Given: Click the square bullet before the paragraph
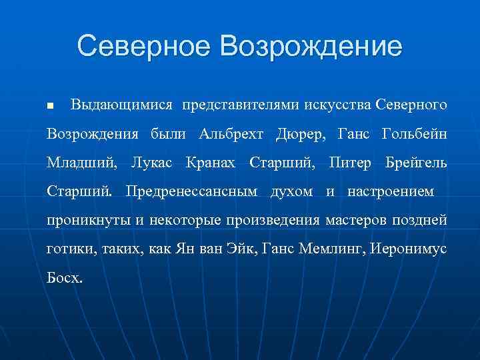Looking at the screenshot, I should coord(50,107).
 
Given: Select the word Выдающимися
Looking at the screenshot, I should coord(121,105).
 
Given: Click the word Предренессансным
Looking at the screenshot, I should coord(191,191).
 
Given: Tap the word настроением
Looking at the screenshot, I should coord(390,192).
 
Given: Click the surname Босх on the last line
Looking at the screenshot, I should coord(65,278).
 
